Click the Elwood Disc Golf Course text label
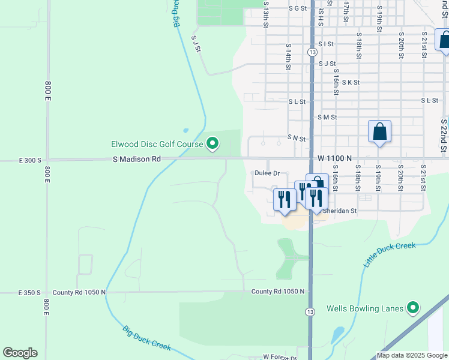(x=157, y=144)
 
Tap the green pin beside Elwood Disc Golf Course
(x=212, y=143)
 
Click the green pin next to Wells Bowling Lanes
(x=412, y=309)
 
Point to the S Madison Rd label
(x=137, y=160)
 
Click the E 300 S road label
(x=30, y=160)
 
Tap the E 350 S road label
(x=29, y=293)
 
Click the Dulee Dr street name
(x=268, y=173)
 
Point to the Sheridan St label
(x=340, y=211)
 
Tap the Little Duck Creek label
(x=390, y=255)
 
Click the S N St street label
(x=297, y=138)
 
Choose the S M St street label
(x=327, y=118)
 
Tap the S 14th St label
(x=289, y=58)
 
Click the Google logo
(x=20, y=353)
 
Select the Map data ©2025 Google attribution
(x=411, y=355)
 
